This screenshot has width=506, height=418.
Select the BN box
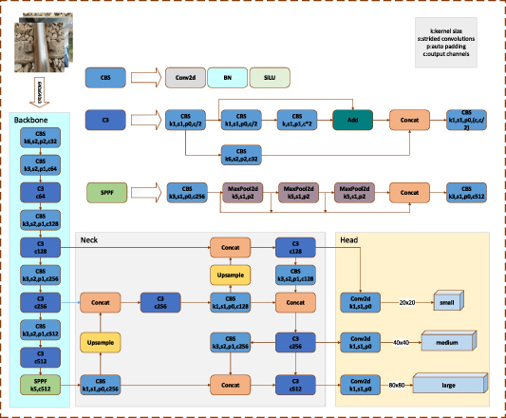[x=227, y=76]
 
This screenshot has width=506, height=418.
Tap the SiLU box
[x=270, y=76]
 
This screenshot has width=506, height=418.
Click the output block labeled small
[x=447, y=301]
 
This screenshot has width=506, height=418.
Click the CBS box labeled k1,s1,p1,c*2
[x=297, y=120]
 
